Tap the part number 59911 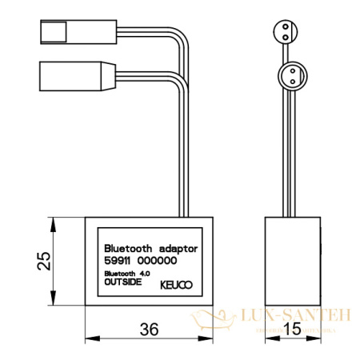pyautogui.click(x=118, y=261)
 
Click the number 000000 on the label pyautogui.click(x=157, y=261)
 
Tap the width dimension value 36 pyautogui.click(x=148, y=329)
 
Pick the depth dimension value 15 pyautogui.click(x=292, y=329)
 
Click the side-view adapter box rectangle pyautogui.click(x=292, y=260)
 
